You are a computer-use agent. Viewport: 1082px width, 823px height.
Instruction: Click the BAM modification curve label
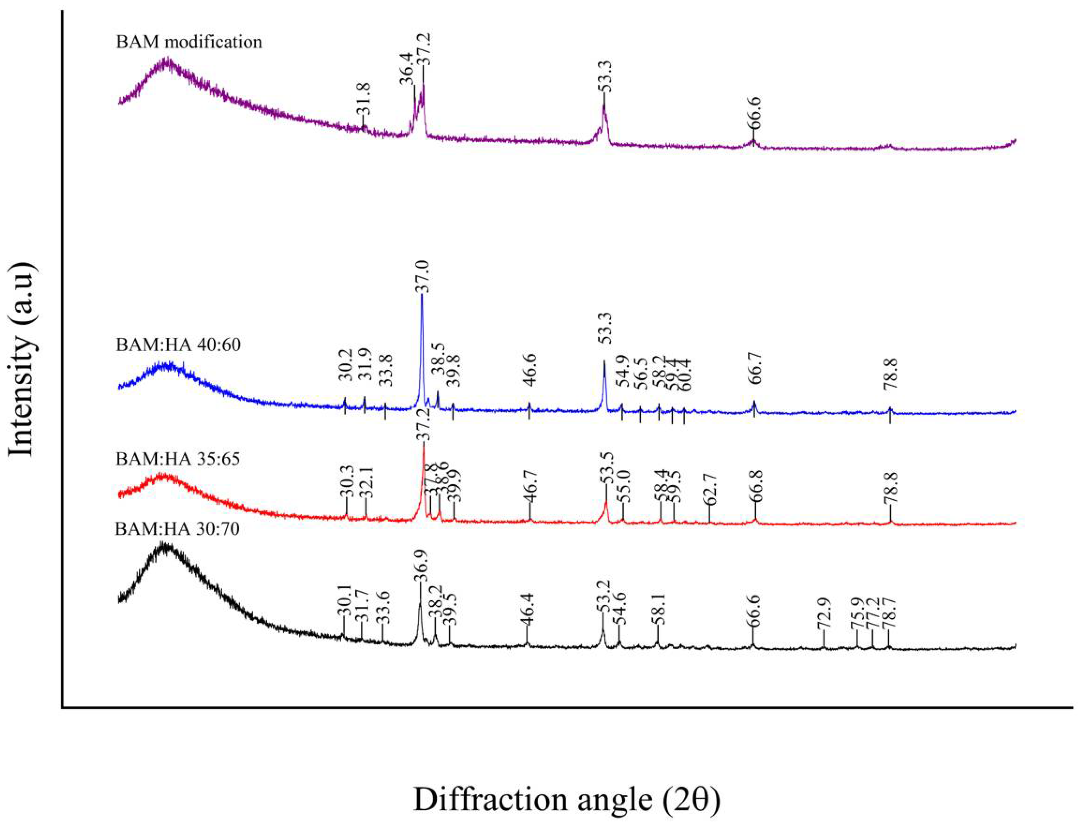[x=189, y=42]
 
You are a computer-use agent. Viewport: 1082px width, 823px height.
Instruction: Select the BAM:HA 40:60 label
[x=178, y=345]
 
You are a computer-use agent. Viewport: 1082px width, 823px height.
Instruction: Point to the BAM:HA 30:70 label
[x=177, y=529]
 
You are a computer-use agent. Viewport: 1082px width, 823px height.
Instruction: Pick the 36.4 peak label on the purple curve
[x=408, y=69]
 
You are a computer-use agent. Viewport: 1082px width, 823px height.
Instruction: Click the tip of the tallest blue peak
[x=422, y=295]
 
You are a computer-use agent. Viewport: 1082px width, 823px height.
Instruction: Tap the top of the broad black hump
[x=167, y=545]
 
